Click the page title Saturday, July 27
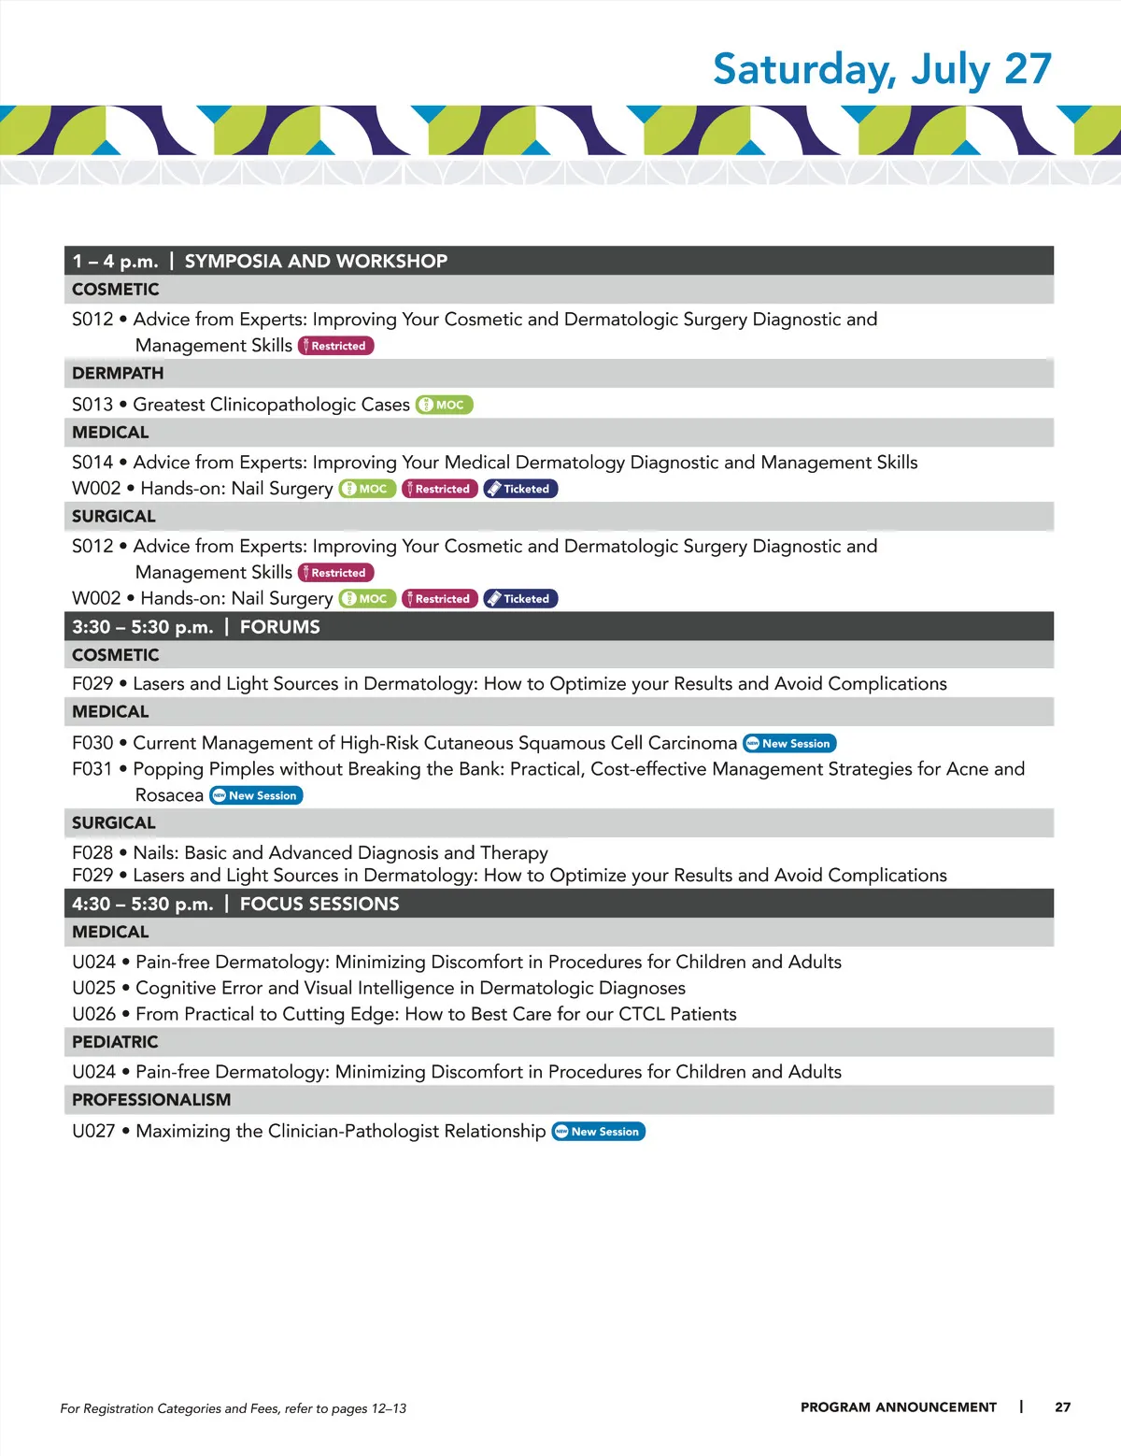pos(882,69)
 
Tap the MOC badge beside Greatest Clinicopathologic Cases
pos(445,405)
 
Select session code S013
pos(92,405)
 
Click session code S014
pos(92,463)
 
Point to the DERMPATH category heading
pos(118,374)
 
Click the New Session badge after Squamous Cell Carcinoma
pos(789,744)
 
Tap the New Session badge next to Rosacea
pos(256,796)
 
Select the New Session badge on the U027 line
pos(599,1132)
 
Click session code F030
pos(92,744)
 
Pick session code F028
pos(92,853)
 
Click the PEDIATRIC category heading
pos(115,1042)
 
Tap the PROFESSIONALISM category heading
pos(151,1100)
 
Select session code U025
pos(94,989)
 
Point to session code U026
pos(94,1015)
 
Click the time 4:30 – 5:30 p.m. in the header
pos(143,905)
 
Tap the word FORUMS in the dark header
pos(280,627)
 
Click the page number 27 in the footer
pos(1063,1407)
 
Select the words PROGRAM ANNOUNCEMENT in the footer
pos(899,1407)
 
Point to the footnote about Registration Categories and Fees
pos(234,1408)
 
